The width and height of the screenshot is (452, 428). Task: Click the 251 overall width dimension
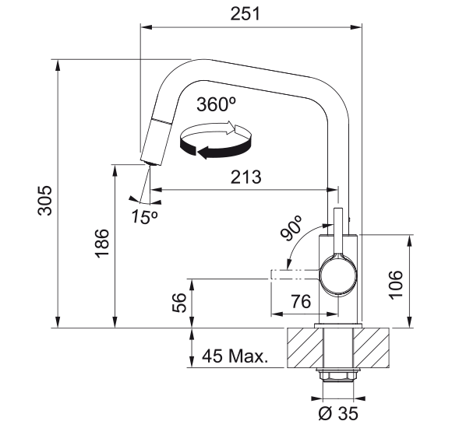(x=245, y=14)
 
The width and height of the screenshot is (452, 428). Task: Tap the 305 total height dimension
(x=45, y=200)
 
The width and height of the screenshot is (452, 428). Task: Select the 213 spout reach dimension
(x=246, y=177)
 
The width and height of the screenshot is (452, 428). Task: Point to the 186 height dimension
(x=102, y=244)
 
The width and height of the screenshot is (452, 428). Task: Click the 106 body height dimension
(x=396, y=285)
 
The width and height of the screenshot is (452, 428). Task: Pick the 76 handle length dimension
(x=301, y=301)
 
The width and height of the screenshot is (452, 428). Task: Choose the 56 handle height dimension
(x=179, y=303)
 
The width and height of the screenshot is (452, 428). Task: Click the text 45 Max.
(x=235, y=356)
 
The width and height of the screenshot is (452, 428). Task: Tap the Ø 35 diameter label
(x=338, y=413)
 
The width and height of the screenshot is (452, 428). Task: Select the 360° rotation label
(x=217, y=104)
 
